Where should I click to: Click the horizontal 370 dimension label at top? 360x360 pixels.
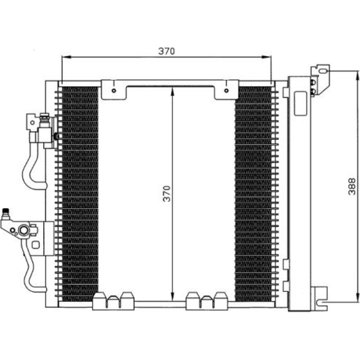(x=167, y=51)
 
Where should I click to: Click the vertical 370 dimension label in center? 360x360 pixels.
(x=167, y=193)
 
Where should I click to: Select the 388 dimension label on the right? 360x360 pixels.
(x=352, y=186)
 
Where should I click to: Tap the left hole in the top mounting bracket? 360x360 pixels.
(x=114, y=91)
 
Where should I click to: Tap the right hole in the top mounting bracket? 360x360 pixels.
(x=226, y=90)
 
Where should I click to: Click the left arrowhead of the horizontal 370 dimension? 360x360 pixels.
(x=66, y=57)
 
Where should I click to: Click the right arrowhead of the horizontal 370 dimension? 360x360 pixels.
(x=267, y=57)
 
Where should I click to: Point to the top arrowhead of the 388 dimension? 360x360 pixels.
(x=357, y=75)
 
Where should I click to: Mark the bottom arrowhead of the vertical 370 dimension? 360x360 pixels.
(x=173, y=297)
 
